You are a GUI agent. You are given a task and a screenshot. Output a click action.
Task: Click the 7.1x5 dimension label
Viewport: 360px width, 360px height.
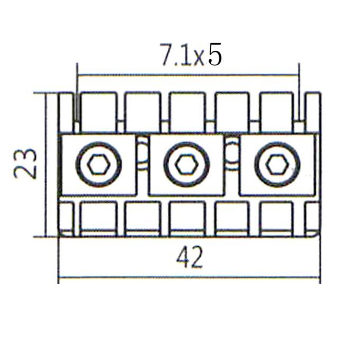[191, 55]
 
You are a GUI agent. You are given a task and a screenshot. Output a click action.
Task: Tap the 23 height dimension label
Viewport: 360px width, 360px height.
[25, 164]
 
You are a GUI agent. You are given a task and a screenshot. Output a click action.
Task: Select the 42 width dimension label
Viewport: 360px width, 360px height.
[190, 257]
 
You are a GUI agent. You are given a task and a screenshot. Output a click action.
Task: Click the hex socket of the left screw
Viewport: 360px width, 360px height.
[98, 165]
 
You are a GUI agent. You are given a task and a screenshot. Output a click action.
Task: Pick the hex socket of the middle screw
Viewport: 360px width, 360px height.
[186, 165]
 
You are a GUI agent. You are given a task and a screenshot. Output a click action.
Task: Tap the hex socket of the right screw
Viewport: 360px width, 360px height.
[277, 165]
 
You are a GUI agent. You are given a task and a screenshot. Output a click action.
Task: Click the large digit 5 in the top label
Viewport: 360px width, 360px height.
[215, 54]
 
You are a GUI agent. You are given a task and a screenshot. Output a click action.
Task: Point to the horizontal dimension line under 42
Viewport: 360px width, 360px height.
[189, 277]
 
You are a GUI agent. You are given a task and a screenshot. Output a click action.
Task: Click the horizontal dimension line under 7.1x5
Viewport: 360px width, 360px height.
[188, 75]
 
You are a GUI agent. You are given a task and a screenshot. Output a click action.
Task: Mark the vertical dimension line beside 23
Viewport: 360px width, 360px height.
[46, 165]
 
